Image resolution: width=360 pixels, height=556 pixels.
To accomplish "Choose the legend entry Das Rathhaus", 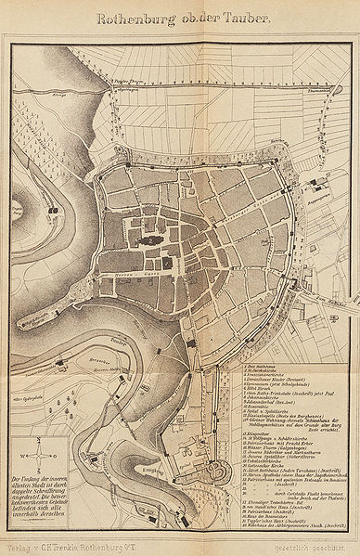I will (246, 368).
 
